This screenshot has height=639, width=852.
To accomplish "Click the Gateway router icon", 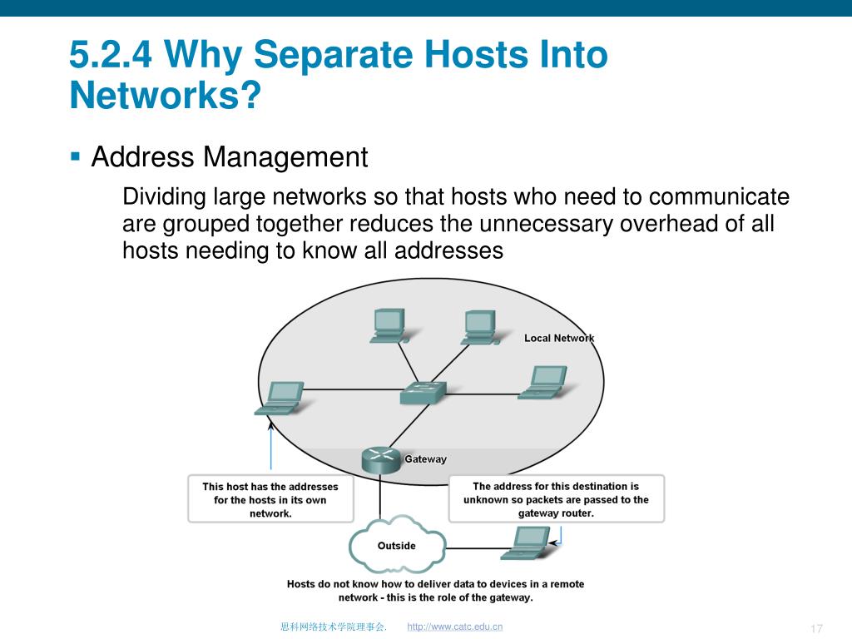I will point(382,460).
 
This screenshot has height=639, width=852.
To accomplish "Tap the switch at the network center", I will point(422,392).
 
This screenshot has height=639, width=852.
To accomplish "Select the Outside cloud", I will point(396,545).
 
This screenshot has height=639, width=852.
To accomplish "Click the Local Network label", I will point(559,338).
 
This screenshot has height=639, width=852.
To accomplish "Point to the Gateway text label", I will point(425,459).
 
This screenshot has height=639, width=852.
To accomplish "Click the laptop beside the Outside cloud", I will point(526,542).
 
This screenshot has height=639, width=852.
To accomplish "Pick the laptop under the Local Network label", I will point(543,383).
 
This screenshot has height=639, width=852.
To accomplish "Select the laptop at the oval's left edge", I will point(280,398).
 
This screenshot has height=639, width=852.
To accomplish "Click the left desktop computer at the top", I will point(388,325).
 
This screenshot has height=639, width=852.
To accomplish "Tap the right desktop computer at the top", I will point(480,327).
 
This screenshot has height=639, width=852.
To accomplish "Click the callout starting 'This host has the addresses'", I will point(270,499).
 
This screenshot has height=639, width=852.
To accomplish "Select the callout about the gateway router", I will point(556,499).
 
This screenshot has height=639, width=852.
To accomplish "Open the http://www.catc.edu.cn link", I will point(455,627).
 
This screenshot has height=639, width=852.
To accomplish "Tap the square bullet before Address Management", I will point(76,155).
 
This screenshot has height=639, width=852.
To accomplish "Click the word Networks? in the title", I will point(165,96).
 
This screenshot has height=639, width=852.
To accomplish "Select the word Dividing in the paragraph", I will point(165,197).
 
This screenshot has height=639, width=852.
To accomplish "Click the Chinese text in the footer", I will point(333,627).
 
